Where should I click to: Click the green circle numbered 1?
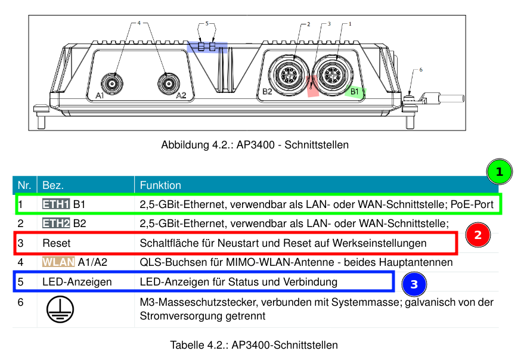[500, 172]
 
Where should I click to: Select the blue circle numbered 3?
[414, 285]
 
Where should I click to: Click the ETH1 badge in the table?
[56, 204]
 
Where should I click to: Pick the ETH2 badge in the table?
[56, 224]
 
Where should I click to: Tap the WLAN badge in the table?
[58, 262]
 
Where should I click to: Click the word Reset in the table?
[56, 243]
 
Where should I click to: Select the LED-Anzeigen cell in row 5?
[77, 282]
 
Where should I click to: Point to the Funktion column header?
[160, 185]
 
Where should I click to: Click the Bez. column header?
[53, 185]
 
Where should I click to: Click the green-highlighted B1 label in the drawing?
[355, 92]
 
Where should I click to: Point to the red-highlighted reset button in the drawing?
[312, 86]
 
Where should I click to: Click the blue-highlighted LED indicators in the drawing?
[207, 46]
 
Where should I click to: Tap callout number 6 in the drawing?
[421, 70]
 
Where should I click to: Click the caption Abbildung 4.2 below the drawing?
[255, 145]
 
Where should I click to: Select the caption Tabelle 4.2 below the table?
[254, 345]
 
